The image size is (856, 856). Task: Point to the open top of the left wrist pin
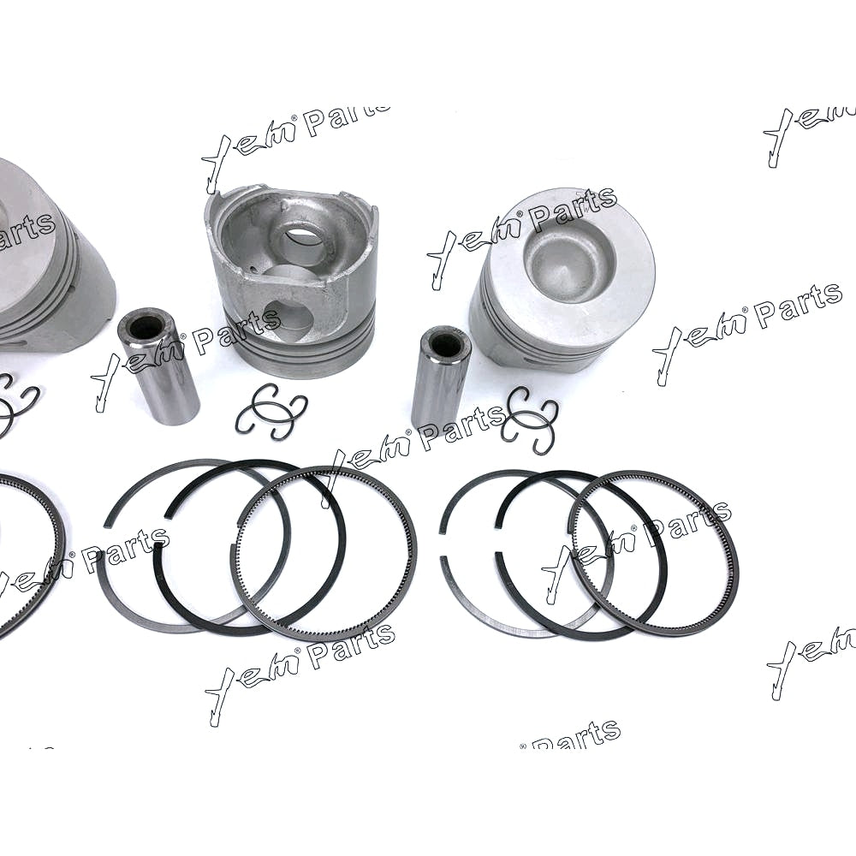coord(146,326)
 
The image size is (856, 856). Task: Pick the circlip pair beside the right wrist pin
coord(529,417)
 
